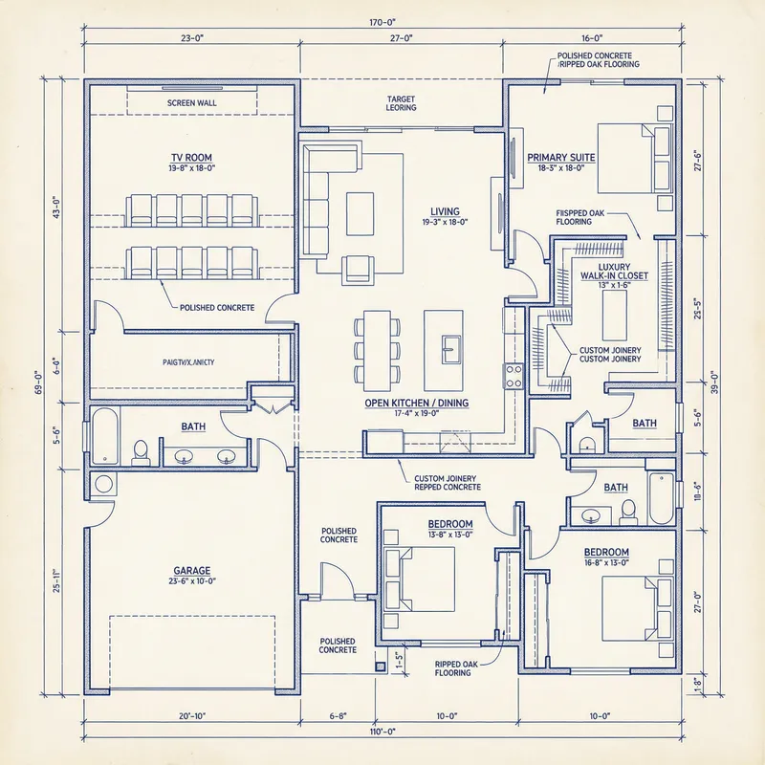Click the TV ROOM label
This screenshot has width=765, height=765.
click(x=192, y=157)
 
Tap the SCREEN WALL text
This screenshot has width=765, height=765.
click(x=192, y=102)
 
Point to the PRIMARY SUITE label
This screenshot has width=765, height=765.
click(x=561, y=157)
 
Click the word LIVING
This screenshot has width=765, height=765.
click(x=445, y=211)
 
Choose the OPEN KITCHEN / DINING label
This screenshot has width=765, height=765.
click(x=416, y=403)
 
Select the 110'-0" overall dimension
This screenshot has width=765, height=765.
click(x=382, y=732)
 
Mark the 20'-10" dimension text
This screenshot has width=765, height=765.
click(x=192, y=715)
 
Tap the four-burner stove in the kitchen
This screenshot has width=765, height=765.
click(x=514, y=375)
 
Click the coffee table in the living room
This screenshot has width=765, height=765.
click(x=361, y=213)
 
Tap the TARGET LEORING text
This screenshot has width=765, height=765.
click(x=401, y=103)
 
